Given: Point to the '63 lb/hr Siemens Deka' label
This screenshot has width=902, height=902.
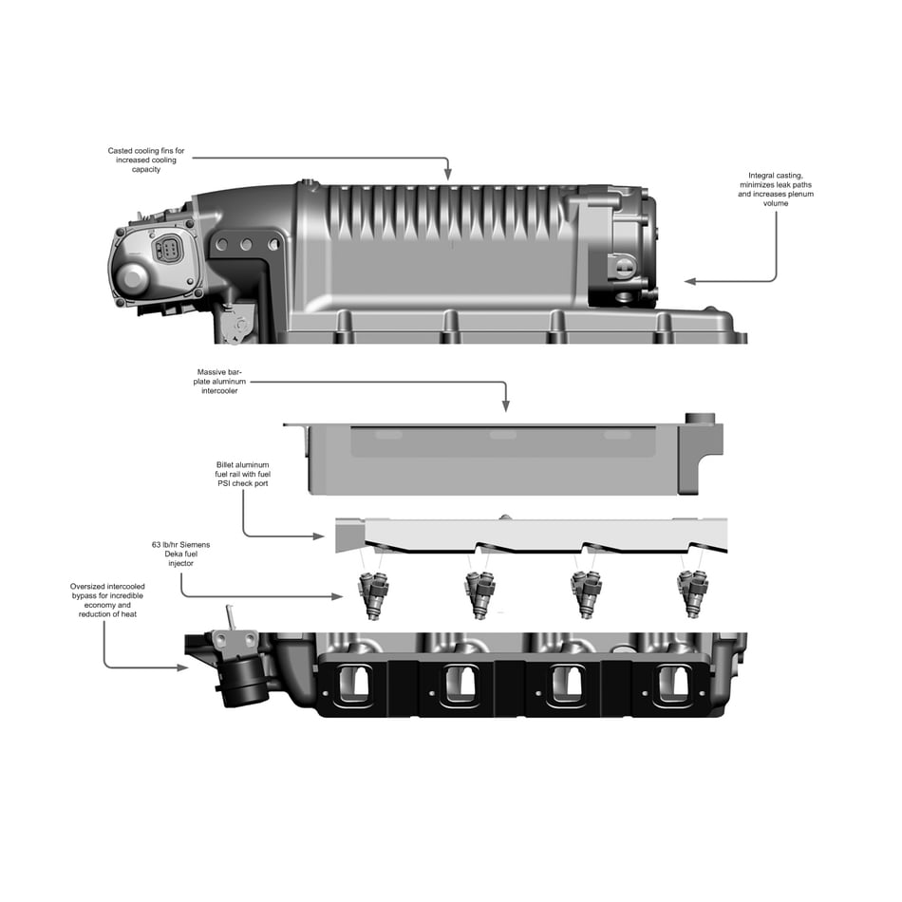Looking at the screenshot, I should point(180,552).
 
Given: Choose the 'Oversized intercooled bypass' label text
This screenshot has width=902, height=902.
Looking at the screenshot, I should point(106,601).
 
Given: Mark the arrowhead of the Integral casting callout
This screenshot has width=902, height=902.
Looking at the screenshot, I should point(690,281).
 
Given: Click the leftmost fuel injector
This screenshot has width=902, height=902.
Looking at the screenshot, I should point(371,595).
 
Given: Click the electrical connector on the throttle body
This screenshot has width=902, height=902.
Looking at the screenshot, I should point(169,251).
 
